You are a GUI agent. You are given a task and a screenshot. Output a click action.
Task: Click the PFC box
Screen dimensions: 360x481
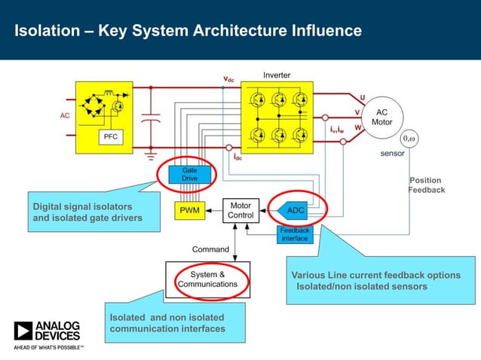(x=109, y=137)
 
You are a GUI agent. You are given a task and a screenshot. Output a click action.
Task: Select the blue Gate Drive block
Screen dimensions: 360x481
(x=189, y=174)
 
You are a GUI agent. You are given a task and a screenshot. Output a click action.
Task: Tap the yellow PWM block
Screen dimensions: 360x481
(x=189, y=210)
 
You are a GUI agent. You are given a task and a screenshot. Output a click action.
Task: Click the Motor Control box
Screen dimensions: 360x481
(x=240, y=210)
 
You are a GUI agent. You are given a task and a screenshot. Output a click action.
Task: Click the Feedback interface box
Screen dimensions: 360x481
(x=294, y=234)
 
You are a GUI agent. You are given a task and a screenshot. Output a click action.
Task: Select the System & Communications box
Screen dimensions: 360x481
(x=207, y=279)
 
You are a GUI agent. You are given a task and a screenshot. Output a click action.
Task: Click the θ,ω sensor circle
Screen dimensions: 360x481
(x=409, y=139)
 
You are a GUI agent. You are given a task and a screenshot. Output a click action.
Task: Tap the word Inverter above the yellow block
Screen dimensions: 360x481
(x=277, y=75)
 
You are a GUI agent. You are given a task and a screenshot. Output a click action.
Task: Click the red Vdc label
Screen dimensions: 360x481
(x=228, y=79)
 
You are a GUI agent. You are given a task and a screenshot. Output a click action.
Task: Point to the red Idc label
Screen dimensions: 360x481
(x=237, y=157)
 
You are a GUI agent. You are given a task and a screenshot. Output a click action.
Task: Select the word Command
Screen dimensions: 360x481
(x=210, y=249)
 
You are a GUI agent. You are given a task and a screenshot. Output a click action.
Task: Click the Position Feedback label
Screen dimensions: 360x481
(x=426, y=185)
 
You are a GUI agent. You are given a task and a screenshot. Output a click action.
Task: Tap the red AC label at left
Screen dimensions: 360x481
(x=65, y=116)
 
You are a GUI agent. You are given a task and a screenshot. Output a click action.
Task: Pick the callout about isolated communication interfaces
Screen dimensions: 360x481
(x=167, y=323)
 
